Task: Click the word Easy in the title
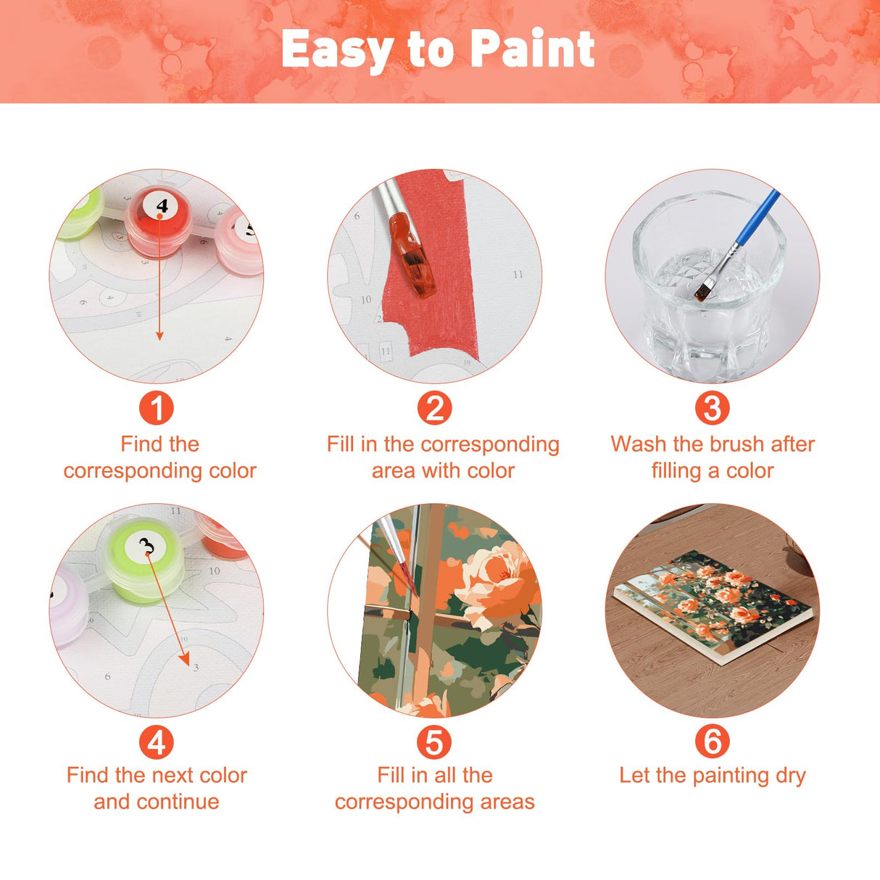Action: pos(337,51)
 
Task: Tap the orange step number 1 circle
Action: pos(157,408)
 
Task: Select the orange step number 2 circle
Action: pos(434,408)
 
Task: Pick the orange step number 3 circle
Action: pos(712,408)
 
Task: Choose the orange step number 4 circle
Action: pos(157,742)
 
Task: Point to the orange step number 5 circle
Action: pos(434,742)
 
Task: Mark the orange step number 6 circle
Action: pos(712,742)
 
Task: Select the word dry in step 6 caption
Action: pos(790,776)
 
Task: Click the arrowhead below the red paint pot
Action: pos(159,335)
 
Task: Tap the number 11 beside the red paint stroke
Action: pos(518,275)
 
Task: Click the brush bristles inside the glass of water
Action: pos(702,292)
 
